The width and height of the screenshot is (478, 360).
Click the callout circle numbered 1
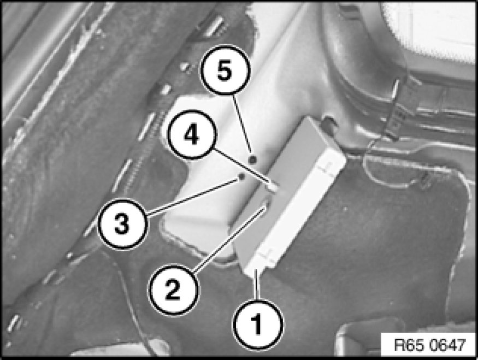tap(258, 324)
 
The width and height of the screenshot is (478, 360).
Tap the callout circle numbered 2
tap(173, 290)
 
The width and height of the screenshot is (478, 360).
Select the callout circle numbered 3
tap(122, 225)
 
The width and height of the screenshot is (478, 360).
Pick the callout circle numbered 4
tap(192, 135)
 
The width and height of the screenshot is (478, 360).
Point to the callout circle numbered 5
tap(225, 70)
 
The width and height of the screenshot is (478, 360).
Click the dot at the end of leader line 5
tap(252, 159)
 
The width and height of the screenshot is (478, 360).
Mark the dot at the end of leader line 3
tap(242, 176)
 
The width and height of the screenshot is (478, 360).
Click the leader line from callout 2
tap(229, 239)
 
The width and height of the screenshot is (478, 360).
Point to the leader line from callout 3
tap(193, 197)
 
